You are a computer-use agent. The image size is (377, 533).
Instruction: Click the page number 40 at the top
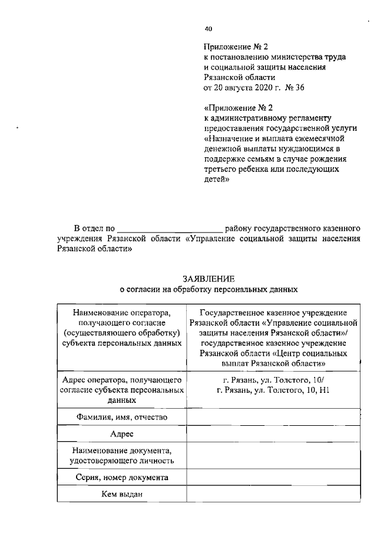(x=208, y=28)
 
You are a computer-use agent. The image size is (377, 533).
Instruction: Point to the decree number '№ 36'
(x=296, y=87)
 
